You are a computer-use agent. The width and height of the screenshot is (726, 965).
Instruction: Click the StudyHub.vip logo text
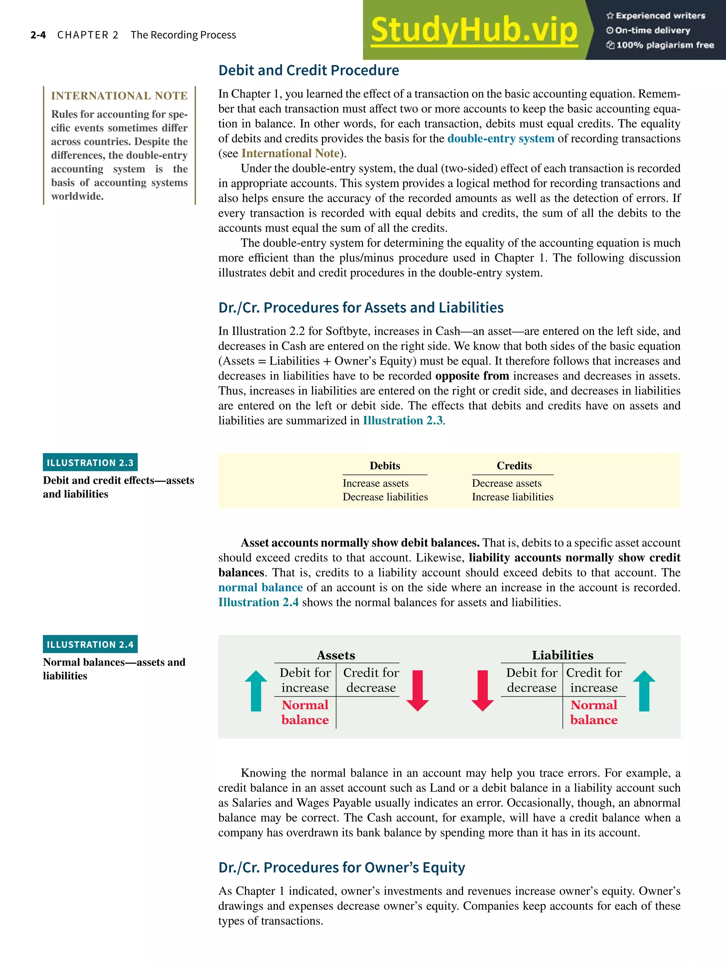(474, 30)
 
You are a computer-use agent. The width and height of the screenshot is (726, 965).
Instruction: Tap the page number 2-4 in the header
(38, 35)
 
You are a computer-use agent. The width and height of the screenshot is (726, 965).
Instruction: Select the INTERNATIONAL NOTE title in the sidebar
(119, 96)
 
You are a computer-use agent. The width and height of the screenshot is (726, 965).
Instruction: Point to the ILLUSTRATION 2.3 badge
(90, 462)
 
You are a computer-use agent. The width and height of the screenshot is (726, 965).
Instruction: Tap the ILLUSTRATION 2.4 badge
(90, 644)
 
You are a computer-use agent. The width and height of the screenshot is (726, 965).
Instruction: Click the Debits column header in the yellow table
(385, 465)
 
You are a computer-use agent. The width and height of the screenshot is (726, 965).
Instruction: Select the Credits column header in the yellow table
(514, 465)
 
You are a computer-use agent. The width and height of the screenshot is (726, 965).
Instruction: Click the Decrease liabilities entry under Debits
(385, 497)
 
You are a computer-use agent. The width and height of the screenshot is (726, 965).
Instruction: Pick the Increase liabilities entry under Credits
(513, 497)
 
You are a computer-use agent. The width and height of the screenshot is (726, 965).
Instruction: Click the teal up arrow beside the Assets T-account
(256, 690)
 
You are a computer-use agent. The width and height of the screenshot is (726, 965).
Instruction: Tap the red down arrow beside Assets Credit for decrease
(417, 690)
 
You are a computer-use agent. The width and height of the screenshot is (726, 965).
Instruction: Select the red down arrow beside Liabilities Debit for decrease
(482, 690)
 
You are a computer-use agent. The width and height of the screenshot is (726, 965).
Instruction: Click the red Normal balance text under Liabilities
(594, 712)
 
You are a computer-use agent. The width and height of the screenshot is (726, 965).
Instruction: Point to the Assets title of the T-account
(336, 655)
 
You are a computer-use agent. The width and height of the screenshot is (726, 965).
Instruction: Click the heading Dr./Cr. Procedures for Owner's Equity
(341, 867)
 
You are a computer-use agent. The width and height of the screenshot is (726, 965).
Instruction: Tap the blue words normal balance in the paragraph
(260, 588)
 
